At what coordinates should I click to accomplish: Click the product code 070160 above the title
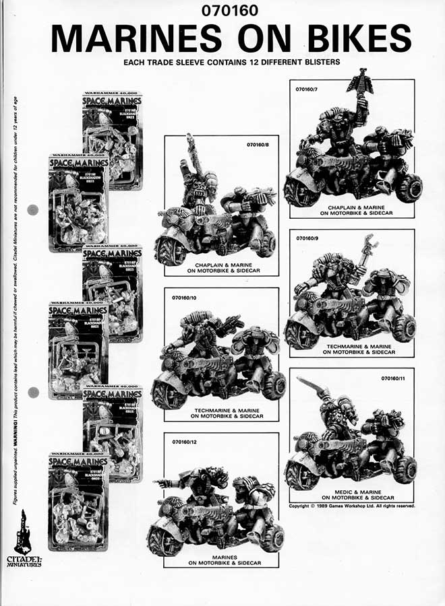[222, 11]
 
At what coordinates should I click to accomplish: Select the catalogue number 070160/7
[309, 88]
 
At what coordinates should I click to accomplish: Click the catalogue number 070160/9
[309, 238]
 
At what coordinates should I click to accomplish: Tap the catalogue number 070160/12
[185, 442]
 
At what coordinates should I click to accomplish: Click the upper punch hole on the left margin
[32, 210]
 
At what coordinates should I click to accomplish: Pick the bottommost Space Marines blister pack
[78, 502]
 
